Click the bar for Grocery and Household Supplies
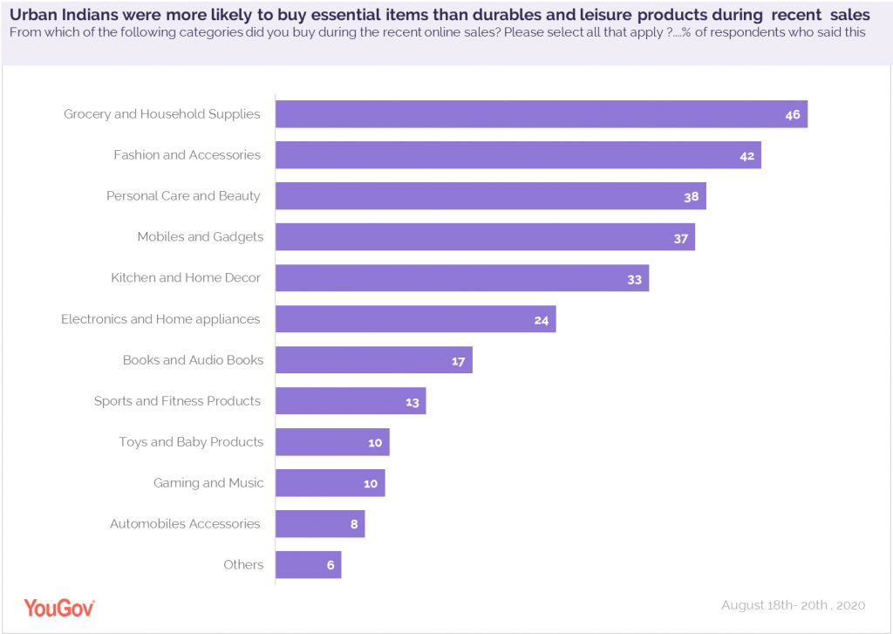coord(541,114)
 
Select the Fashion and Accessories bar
coord(518,155)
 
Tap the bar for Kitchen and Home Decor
coord(462,278)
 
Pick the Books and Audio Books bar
coord(373,360)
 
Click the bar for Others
coord(308,564)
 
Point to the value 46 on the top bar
coord(793,114)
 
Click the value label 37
coord(681,238)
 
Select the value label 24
coord(542,320)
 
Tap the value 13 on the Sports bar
coord(412,402)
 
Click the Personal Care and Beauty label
coord(183,196)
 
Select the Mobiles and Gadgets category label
coord(200,237)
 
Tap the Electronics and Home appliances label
coord(160,319)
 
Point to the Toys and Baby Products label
coord(191,442)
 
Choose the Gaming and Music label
coord(208,483)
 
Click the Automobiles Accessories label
coord(185,524)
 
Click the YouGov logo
coord(59,608)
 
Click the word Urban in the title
coord(31,15)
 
